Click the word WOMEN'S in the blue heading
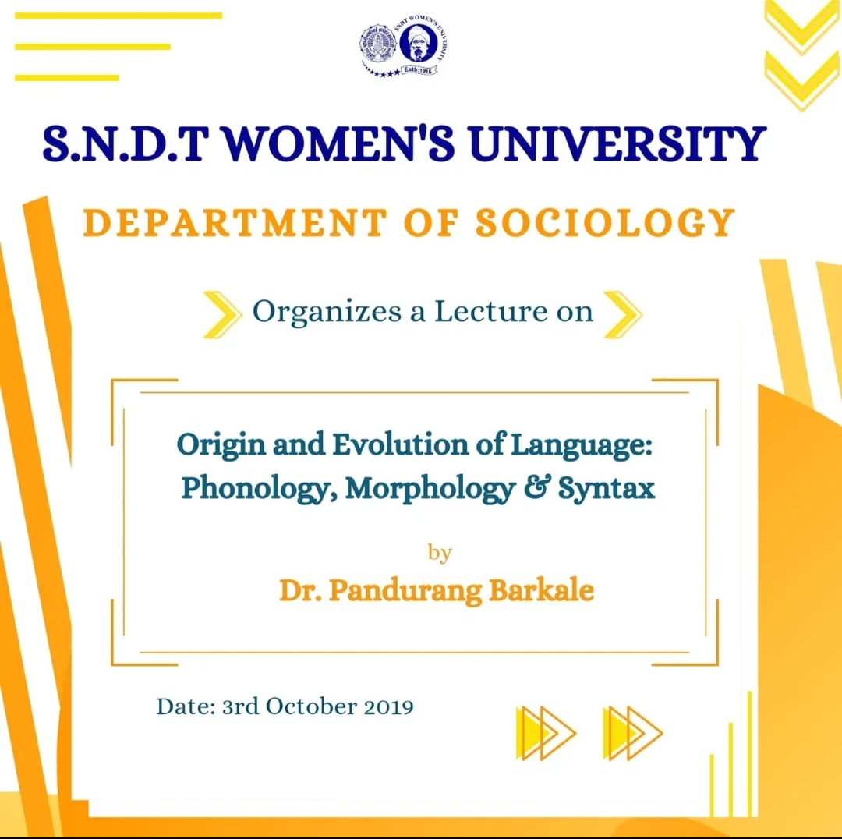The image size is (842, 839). coord(339,144)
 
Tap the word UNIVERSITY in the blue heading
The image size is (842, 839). coord(617,144)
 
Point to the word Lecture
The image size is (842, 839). coord(491,312)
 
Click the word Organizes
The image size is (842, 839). coord(327,313)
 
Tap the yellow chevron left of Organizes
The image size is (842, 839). coord(222,314)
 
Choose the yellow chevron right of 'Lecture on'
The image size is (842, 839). coord(623,314)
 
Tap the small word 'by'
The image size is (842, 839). coord(440,553)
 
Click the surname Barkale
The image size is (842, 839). coord(541,589)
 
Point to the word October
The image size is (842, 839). coord(311,706)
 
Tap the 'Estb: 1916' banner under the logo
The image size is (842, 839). coord(418,70)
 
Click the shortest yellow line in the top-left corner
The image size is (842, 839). coord(66,78)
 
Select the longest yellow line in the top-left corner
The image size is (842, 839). coord(119,16)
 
